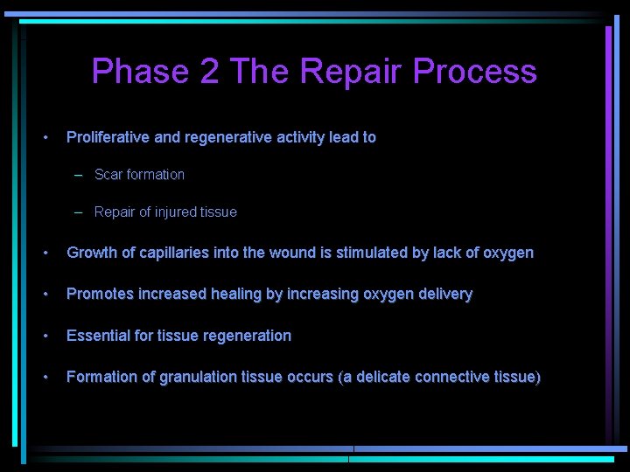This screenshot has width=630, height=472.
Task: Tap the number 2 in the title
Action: point(210,72)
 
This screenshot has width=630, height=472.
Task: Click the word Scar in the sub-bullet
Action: point(108,175)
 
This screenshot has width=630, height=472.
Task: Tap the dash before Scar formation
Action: point(79,175)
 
